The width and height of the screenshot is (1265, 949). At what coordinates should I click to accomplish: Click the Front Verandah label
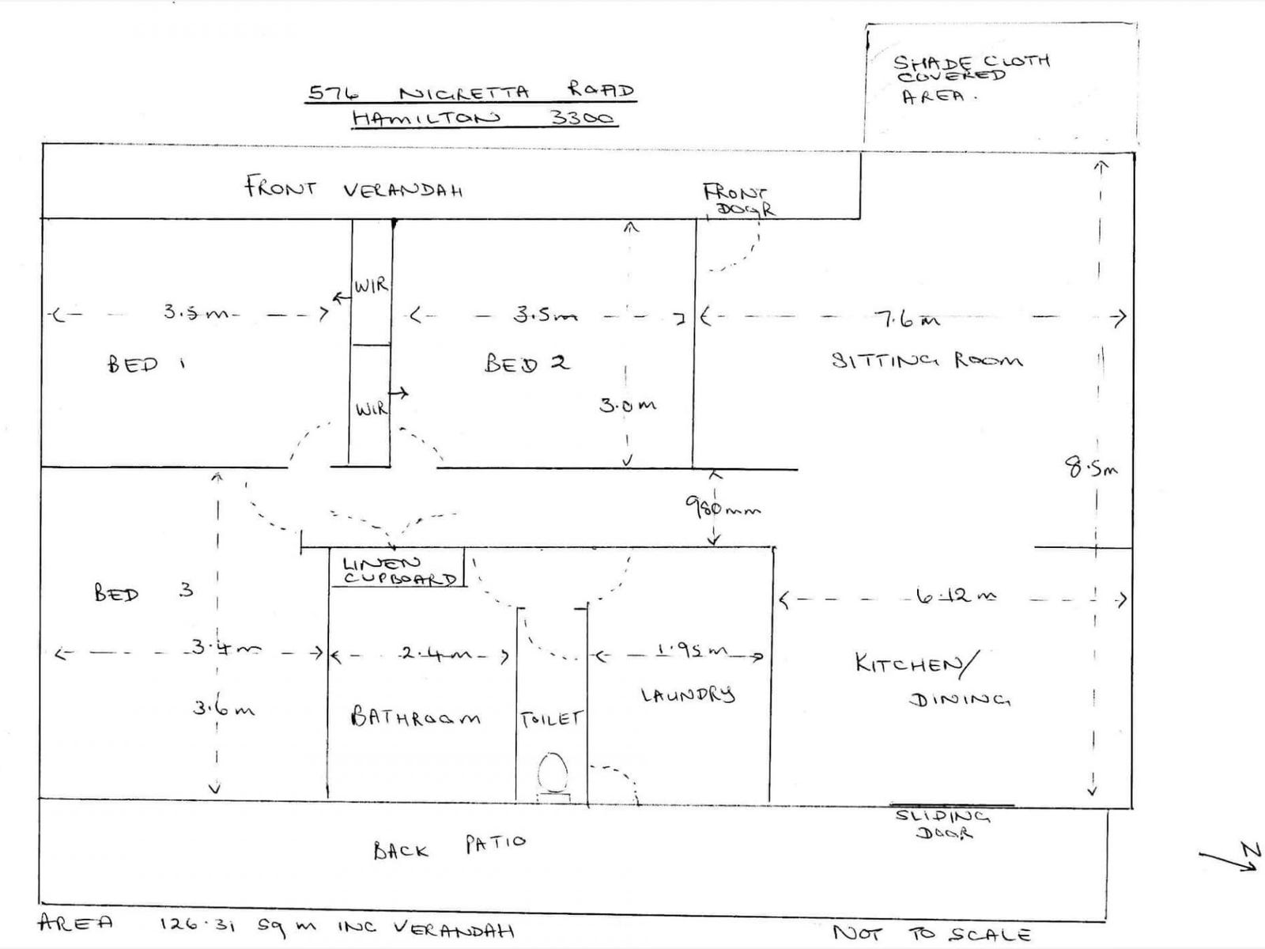pos(353,189)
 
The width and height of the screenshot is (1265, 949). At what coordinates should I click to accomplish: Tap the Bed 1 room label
pos(146,365)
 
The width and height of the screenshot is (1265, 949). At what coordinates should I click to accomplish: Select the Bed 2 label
pos(527,363)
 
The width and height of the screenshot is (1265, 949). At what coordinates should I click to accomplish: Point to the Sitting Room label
pos(927,361)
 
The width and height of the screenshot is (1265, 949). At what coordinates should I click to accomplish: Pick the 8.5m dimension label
pos(1090,468)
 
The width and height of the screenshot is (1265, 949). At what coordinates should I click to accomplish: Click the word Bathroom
pos(415,717)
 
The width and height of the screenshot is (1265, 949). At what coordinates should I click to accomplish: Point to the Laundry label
pos(687,695)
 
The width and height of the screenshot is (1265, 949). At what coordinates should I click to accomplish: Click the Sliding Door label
pos(942,824)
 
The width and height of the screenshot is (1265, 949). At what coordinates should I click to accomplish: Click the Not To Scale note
pos(931,933)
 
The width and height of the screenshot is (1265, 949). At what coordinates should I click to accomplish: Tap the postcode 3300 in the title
pos(583,119)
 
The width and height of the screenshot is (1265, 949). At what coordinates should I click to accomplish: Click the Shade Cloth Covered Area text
pos(969,78)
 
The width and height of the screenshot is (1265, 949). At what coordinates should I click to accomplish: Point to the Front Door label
pos(738,200)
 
